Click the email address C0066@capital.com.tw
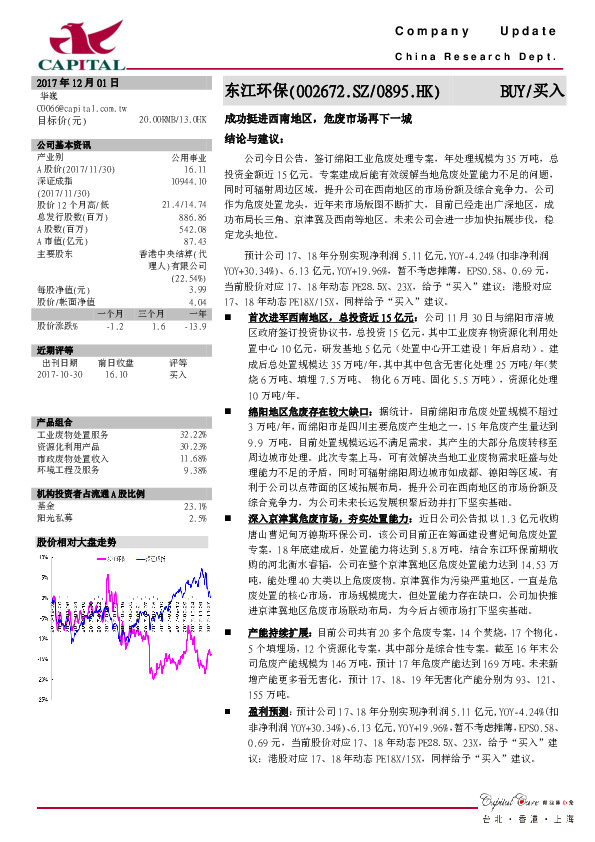coord(77,106)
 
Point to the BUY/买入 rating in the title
coord(533,92)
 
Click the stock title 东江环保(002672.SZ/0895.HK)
coord(332,92)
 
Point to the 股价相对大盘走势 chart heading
coord(77,541)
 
